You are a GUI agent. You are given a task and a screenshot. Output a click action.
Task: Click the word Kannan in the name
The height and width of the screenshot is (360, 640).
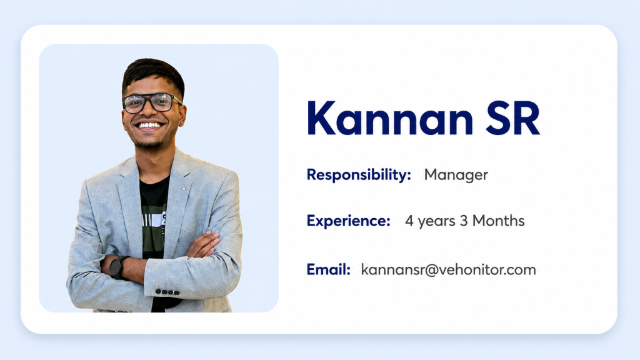pos(390,118)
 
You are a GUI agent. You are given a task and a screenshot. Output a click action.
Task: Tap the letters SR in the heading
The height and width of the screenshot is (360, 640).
pos(513,118)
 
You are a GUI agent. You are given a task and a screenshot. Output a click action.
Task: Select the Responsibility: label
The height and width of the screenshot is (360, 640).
pos(359,175)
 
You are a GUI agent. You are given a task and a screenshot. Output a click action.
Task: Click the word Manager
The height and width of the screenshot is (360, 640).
pos(456,176)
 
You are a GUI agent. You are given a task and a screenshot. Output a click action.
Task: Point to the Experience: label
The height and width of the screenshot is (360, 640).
pos(349,221)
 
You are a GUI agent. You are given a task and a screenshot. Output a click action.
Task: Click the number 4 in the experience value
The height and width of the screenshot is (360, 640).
pos(409,221)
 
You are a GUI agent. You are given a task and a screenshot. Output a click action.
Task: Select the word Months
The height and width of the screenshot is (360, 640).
pos(498,221)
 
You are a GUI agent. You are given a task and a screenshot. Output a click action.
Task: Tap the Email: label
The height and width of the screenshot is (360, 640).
pos(329,269)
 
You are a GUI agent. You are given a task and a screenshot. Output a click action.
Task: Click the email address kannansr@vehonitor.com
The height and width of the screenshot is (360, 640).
pos(449,270)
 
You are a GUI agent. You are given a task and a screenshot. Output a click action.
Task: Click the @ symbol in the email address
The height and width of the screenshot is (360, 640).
pos(431,270)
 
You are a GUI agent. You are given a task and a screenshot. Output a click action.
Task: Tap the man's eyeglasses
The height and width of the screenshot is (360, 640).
pos(151,103)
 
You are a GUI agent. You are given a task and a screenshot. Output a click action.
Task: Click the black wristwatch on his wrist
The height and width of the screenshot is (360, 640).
pos(117,267)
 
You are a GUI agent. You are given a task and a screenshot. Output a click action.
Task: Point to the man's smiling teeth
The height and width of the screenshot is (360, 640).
pos(149,125)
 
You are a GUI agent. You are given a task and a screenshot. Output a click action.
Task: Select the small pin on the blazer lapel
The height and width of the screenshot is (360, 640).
pos(184,189)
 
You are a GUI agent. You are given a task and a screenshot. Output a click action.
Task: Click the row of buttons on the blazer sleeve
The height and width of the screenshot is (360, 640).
pos(167,292)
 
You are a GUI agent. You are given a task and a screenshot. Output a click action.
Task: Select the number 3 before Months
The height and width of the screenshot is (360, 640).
pos(464,221)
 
